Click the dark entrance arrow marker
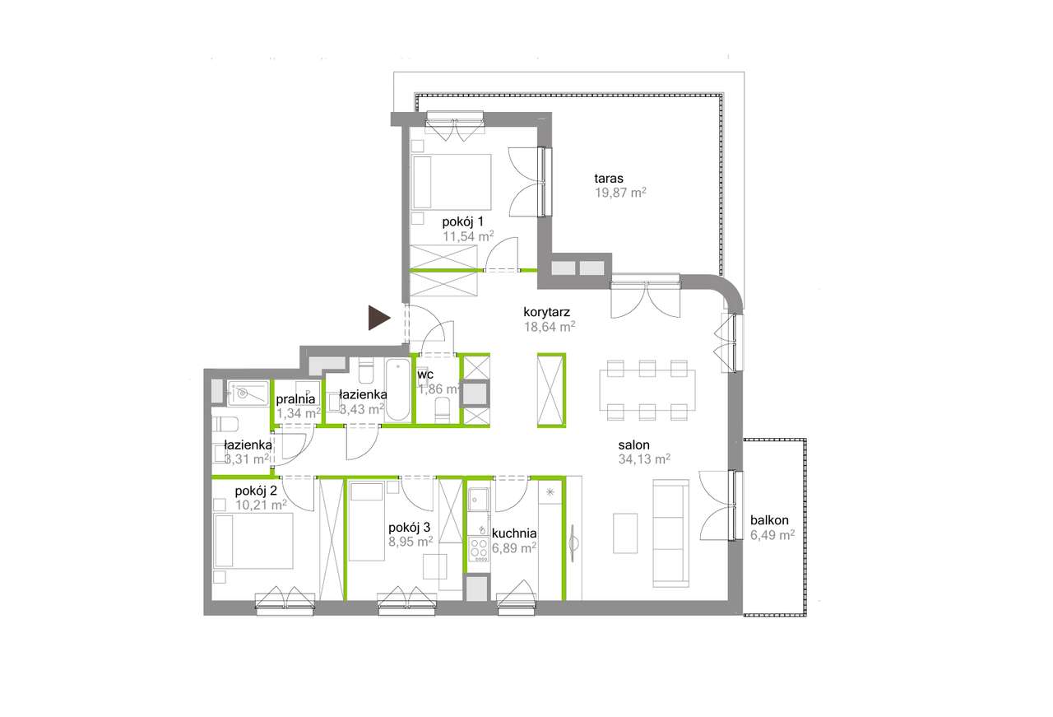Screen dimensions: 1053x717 [378, 318]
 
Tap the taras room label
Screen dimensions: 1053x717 [609, 179]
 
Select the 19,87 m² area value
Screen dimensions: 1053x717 [620, 193]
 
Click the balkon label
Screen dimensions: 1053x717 [769, 520]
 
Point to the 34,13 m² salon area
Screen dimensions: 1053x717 [644, 459]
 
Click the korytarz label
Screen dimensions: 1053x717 [547, 311]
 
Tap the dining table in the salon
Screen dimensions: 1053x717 [647, 390]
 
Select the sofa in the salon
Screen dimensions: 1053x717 [670, 533]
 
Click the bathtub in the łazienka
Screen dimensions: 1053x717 [397, 389]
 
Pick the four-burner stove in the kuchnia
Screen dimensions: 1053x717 [479, 549]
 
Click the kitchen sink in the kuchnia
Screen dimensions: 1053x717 [479, 499]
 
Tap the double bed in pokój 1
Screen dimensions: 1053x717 [452, 182]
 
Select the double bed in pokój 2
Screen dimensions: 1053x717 [253, 541]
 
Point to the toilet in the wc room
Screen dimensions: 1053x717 [443, 410]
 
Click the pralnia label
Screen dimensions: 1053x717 [295, 399]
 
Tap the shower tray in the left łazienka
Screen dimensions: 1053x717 [248, 393]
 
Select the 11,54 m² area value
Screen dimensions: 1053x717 [468, 235]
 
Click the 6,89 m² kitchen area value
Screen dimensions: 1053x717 [514, 547]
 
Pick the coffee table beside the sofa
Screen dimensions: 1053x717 [625, 533]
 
